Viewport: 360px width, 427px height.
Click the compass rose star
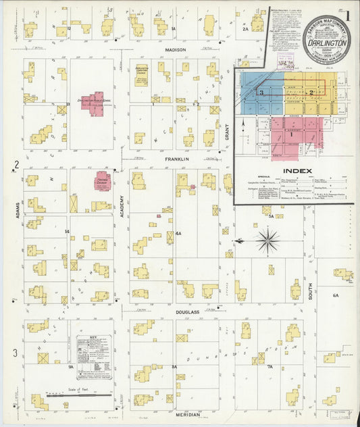(268, 240)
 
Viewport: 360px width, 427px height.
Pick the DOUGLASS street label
(187, 312)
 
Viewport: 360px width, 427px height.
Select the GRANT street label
(227, 132)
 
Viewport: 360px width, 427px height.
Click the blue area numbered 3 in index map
(260, 95)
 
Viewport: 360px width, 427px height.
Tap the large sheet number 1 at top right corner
(347, 14)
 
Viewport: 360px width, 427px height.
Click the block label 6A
(335, 295)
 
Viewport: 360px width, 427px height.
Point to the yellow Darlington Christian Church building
(141, 75)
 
